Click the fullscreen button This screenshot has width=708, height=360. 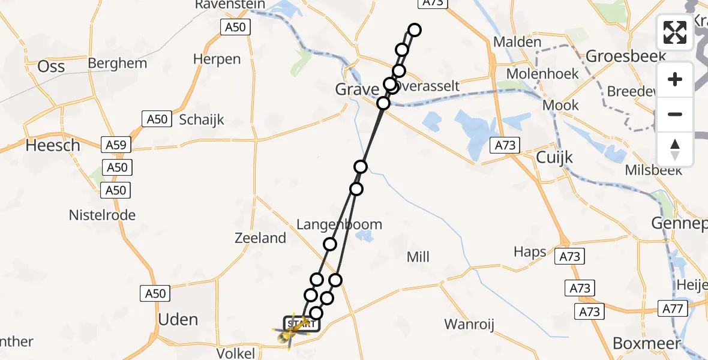coord(675,32)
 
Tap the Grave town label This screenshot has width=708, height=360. coord(356,89)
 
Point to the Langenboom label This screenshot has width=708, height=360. coord(339,225)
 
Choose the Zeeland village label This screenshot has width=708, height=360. coord(260,238)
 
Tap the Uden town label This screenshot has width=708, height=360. coord(178,319)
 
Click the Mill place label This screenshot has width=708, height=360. coord(418,257)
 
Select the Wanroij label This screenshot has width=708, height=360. coord(469,325)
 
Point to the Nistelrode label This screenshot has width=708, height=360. coord(102,215)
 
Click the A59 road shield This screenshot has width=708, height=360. coord(116,145)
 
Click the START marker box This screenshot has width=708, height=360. coord(302,324)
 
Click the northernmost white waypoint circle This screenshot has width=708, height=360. coord(414,29)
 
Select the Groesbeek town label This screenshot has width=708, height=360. coord(626,56)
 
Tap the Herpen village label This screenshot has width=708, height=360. coord(217,59)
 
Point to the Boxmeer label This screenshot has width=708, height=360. coord(647,343)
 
